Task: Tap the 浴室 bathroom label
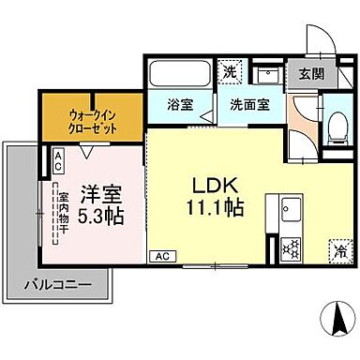pyautogui.click(x=181, y=104)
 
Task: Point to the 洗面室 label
pyautogui.click(x=252, y=104)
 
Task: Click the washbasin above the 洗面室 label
pyautogui.click(x=270, y=74)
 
